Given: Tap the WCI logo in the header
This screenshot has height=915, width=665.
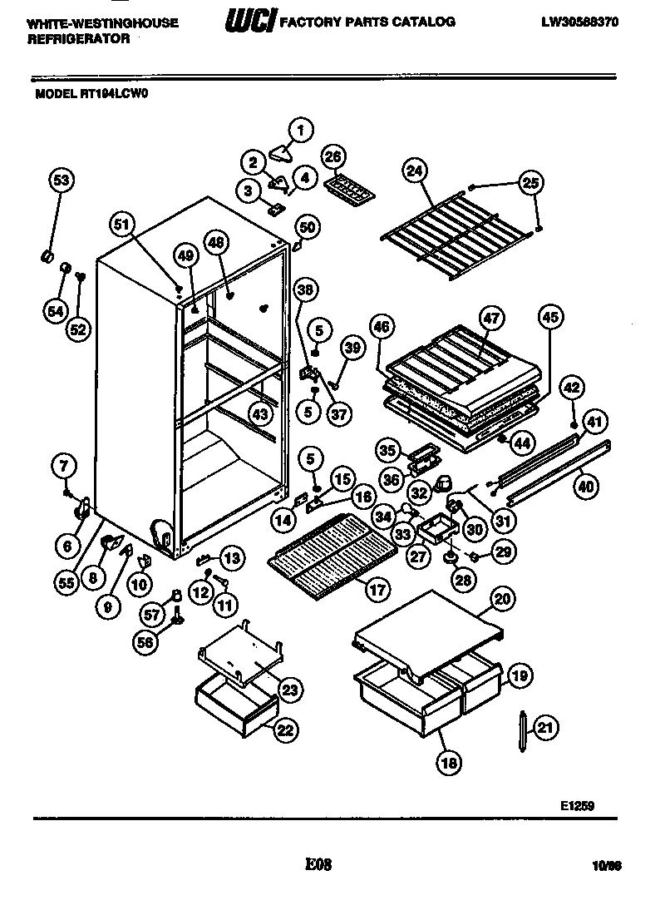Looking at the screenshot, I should (x=248, y=22).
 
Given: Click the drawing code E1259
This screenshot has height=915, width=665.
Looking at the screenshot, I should (x=577, y=805).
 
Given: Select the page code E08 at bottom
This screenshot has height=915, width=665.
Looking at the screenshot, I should (x=318, y=864).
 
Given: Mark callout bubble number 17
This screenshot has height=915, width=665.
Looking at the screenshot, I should (x=377, y=591).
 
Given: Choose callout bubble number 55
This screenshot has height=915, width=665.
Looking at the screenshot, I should (x=66, y=583).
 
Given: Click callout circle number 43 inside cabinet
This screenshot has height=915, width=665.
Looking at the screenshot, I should (x=261, y=413).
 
